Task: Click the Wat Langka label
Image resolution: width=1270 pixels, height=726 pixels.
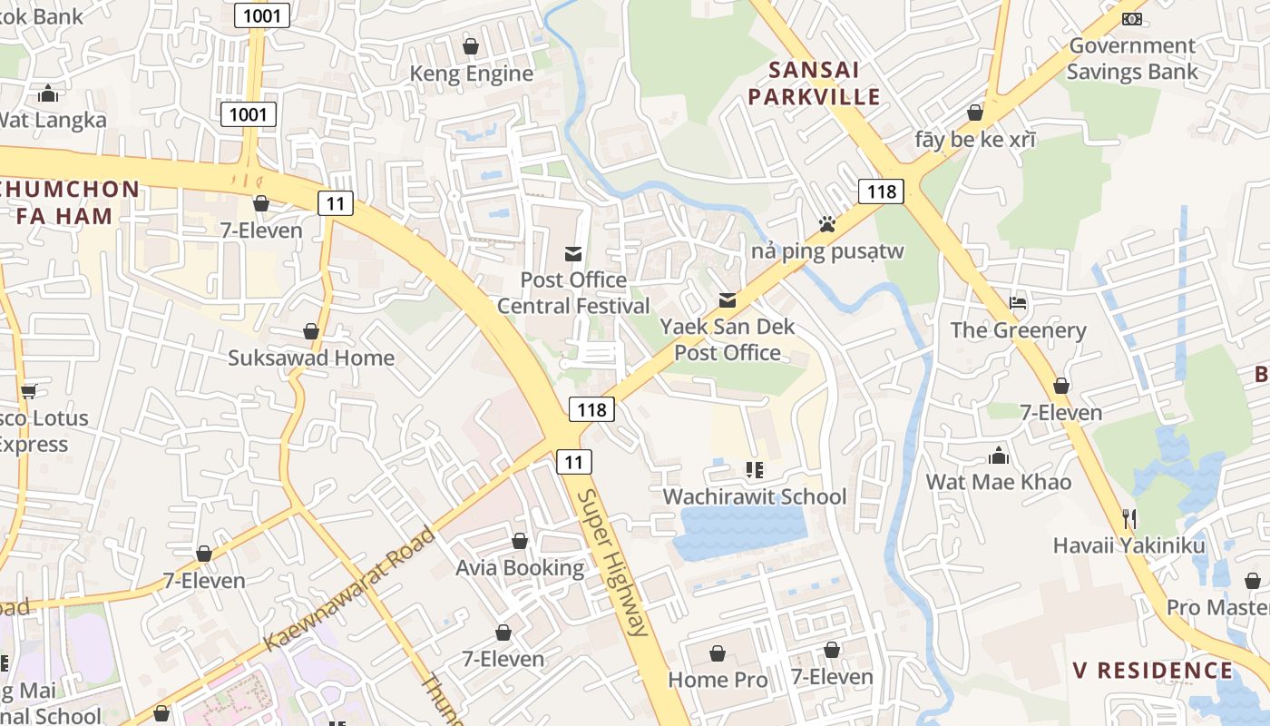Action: pyautogui.click(x=53, y=120)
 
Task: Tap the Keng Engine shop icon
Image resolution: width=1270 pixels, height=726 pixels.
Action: pyautogui.click(x=471, y=46)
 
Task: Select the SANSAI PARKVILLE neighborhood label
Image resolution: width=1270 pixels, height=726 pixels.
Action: pyautogui.click(x=825, y=83)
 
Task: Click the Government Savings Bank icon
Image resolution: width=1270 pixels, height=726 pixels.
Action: pyautogui.click(x=1131, y=18)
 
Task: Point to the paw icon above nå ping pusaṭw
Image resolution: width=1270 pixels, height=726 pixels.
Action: pyautogui.click(x=826, y=223)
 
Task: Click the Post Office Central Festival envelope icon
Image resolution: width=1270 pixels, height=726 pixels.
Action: pyautogui.click(x=573, y=253)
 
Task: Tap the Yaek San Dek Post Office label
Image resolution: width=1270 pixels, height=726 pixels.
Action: pyautogui.click(x=728, y=339)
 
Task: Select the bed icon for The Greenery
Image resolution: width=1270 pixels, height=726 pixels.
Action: pyautogui.click(x=1018, y=303)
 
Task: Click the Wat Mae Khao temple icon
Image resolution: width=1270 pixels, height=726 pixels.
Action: pyautogui.click(x=999, y=455)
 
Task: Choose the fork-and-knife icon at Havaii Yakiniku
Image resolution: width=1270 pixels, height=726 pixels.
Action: pyautogui.click(x=1129, y=519)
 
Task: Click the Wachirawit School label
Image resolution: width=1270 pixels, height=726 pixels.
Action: pyautogui.click(x=755, y=496)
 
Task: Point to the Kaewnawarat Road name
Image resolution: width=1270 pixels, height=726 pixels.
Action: pyautogui.click(x=349, y=588)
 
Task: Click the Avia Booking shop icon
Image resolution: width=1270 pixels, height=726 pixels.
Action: pyautogui.click(x=520, y=542)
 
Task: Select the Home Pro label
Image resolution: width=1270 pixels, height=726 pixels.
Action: pyautogui.click(x=718, y=680)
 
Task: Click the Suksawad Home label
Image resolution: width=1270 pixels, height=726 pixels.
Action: pyautogui.click(x=311, y=358)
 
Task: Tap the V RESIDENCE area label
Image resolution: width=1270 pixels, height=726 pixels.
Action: pyautogui.click(x=1152, y=671)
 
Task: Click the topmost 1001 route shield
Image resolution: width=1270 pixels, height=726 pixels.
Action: pyautogui.click(x=262, y=15)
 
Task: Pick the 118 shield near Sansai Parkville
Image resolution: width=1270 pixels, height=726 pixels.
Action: pyautogui.click(x=881, y=191)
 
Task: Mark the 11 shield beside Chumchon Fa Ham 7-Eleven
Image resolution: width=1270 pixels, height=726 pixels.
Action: pyautogui.click(x=336, y=203)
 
